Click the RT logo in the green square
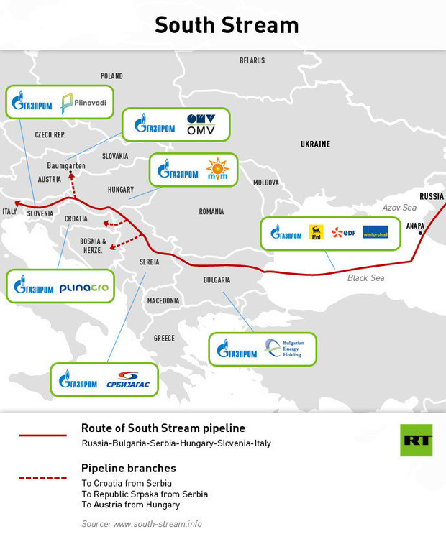tap(417, 439)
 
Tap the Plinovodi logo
tap(84, 103)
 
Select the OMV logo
tap(201, 124)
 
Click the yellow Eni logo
tap(315, 232)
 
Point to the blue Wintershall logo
tap(376, 232)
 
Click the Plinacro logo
tap(84, 288)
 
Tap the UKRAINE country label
tap(315, 144)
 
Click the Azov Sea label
tap(399, 207)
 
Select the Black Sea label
tap(366, 277)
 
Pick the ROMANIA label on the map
tap(211, 211)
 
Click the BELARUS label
tap(252, 60)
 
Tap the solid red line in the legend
tap(42, 435)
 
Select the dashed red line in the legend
tap(42, 477)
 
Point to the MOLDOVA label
tap(266, 183)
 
